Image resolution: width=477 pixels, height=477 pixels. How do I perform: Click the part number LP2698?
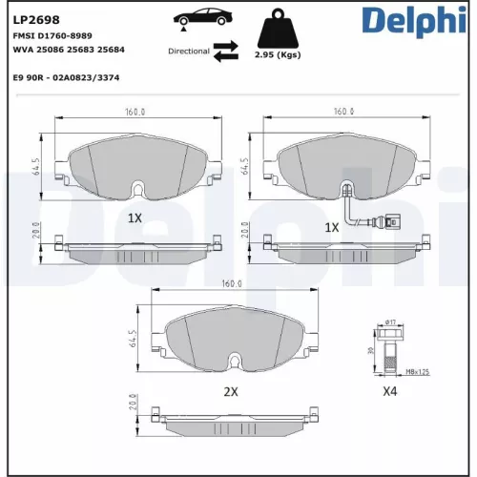pos(32,17)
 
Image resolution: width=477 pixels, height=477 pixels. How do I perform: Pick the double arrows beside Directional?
pos(225,51)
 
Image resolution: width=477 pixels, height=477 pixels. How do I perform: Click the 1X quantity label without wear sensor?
pos(135,218)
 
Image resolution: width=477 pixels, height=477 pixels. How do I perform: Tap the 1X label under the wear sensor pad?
pos(332,228)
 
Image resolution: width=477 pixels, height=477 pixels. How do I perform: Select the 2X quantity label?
pos(230,391)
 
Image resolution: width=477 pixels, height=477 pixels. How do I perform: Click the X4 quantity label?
pos(389,391)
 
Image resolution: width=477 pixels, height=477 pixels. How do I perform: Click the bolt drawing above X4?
pos(389,349)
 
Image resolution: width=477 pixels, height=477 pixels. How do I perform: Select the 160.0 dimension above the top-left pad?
pos(136,112)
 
